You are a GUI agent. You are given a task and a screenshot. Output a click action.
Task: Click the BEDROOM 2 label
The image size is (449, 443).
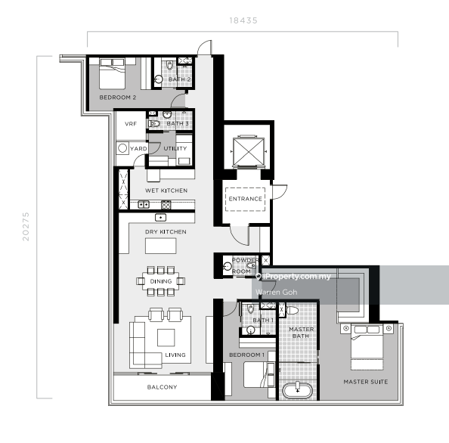coord(118,98)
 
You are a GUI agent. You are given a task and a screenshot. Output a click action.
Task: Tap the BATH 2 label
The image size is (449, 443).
coord(179,79)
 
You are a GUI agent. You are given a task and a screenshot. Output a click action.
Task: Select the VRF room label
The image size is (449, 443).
coord(130,123)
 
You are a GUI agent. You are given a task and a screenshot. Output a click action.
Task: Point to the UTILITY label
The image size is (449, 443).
coord(175,148)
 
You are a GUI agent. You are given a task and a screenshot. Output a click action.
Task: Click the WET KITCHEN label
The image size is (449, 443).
coord(166,191)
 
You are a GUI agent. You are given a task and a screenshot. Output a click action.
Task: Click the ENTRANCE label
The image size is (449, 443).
coord(244,200)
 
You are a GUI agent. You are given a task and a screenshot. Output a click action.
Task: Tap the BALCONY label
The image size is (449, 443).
coord(162,387)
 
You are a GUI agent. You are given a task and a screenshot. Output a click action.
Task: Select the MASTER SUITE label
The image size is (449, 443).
coord(365,382)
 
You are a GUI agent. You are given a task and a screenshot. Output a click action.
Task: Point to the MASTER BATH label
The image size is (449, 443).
coord(302,333)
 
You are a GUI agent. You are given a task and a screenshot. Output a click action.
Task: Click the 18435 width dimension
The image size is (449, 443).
coord(243,20)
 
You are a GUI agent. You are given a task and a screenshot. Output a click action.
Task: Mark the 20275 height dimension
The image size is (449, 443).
coord(26,225)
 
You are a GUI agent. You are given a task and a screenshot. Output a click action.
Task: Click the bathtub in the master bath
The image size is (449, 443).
coord(300,391)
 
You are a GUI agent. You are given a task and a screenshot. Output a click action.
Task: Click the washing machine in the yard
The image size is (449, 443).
coord(122,150)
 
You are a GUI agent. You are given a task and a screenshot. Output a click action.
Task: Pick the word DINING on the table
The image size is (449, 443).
coord(160,281)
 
